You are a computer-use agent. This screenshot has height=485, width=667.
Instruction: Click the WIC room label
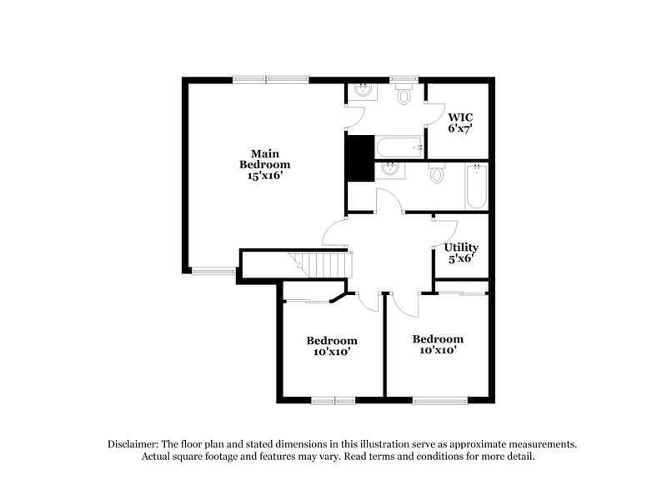459,117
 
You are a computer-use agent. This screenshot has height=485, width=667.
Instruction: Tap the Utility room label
461,247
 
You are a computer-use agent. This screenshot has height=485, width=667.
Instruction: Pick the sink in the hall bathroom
389,171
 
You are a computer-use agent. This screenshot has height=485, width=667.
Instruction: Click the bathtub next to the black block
399,148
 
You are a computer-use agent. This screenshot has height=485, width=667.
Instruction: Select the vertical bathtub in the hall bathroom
476,186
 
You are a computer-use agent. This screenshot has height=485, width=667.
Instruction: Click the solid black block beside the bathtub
359,157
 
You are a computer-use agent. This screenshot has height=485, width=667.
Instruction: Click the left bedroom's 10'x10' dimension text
331,352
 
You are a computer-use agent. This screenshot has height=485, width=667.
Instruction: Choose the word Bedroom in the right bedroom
438,339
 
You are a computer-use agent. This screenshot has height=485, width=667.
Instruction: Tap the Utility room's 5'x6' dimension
460,258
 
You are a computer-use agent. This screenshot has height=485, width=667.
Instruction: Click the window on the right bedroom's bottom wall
439,401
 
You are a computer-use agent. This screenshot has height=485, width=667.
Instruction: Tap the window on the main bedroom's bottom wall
214,270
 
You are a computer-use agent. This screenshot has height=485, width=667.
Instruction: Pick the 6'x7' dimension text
460,129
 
